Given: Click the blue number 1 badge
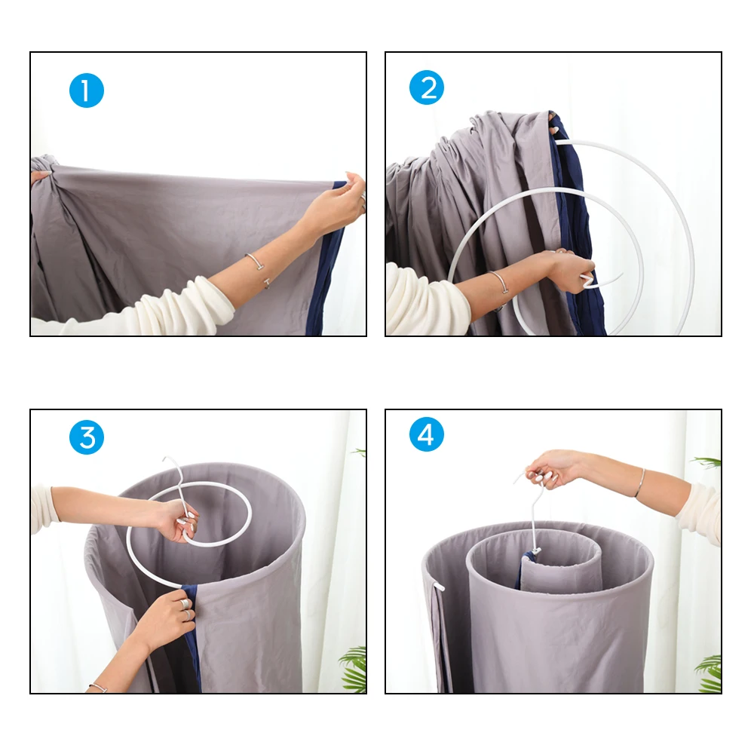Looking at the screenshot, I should (86, 90).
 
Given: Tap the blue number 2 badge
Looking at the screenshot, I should (427, 88).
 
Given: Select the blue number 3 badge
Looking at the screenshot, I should (87, 437).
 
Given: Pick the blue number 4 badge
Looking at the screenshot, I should (427, 435).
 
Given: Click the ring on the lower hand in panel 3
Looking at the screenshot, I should (183, 603).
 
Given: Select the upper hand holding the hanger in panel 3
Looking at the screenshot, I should (177, 520).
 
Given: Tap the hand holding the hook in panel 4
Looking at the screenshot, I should (554, 467).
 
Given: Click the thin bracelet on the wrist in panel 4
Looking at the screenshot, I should (640, 483).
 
